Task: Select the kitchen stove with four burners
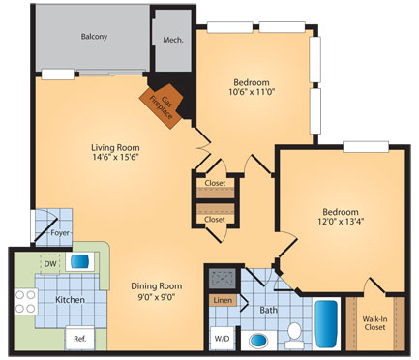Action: point(25,301)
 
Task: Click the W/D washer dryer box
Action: point(221,338)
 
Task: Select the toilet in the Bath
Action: point(294,334)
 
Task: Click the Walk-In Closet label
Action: point(374,323)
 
